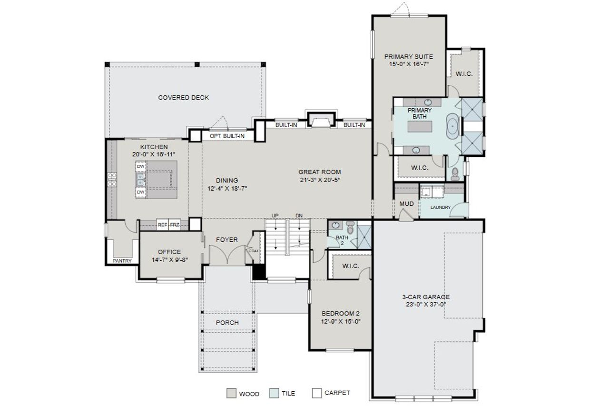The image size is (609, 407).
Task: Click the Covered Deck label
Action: click(183, 98)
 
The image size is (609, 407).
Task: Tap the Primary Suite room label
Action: click(409, 57)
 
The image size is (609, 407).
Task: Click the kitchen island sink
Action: click(140, 179)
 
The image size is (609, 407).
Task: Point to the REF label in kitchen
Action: click(162, 224)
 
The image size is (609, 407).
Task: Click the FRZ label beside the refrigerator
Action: click(174, 224)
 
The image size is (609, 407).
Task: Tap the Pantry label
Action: click(122, 261)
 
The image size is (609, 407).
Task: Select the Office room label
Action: click(169, 252)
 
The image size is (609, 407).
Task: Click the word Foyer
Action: click(227, 240)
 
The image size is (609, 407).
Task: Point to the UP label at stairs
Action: click(275, 216)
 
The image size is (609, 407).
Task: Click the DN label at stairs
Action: click(299, 216)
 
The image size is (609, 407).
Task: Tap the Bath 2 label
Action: click(342, 240)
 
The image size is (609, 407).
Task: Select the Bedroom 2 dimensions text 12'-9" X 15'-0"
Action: click(341, 321)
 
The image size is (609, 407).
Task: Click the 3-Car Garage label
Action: click(426, 296)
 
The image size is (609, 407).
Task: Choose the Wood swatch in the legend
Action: click(231, 393)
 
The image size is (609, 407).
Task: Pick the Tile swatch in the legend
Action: click(274, 393)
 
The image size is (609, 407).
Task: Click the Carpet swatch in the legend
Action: click(317, 393)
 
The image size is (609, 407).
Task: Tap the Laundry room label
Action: click(440, 207)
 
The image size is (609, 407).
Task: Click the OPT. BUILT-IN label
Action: click(227, 136)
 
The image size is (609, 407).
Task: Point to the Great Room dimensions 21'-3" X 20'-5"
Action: click(319, 180)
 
